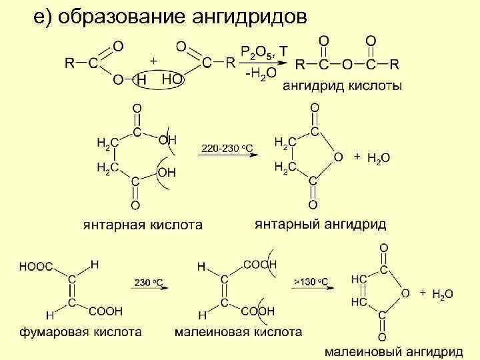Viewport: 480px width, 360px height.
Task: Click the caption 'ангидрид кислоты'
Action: tap(342, 86)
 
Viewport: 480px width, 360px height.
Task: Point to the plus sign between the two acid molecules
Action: tap(153, 60)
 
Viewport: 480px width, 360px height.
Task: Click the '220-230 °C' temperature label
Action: tap(226, 147)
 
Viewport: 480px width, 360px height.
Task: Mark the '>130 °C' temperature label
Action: tap(311, 282)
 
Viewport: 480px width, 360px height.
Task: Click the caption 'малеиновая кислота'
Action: tap(238, 331)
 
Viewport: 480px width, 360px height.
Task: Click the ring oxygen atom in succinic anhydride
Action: tap(338, 157)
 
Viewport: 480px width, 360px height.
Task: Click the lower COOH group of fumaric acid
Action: tap(109, 311)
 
